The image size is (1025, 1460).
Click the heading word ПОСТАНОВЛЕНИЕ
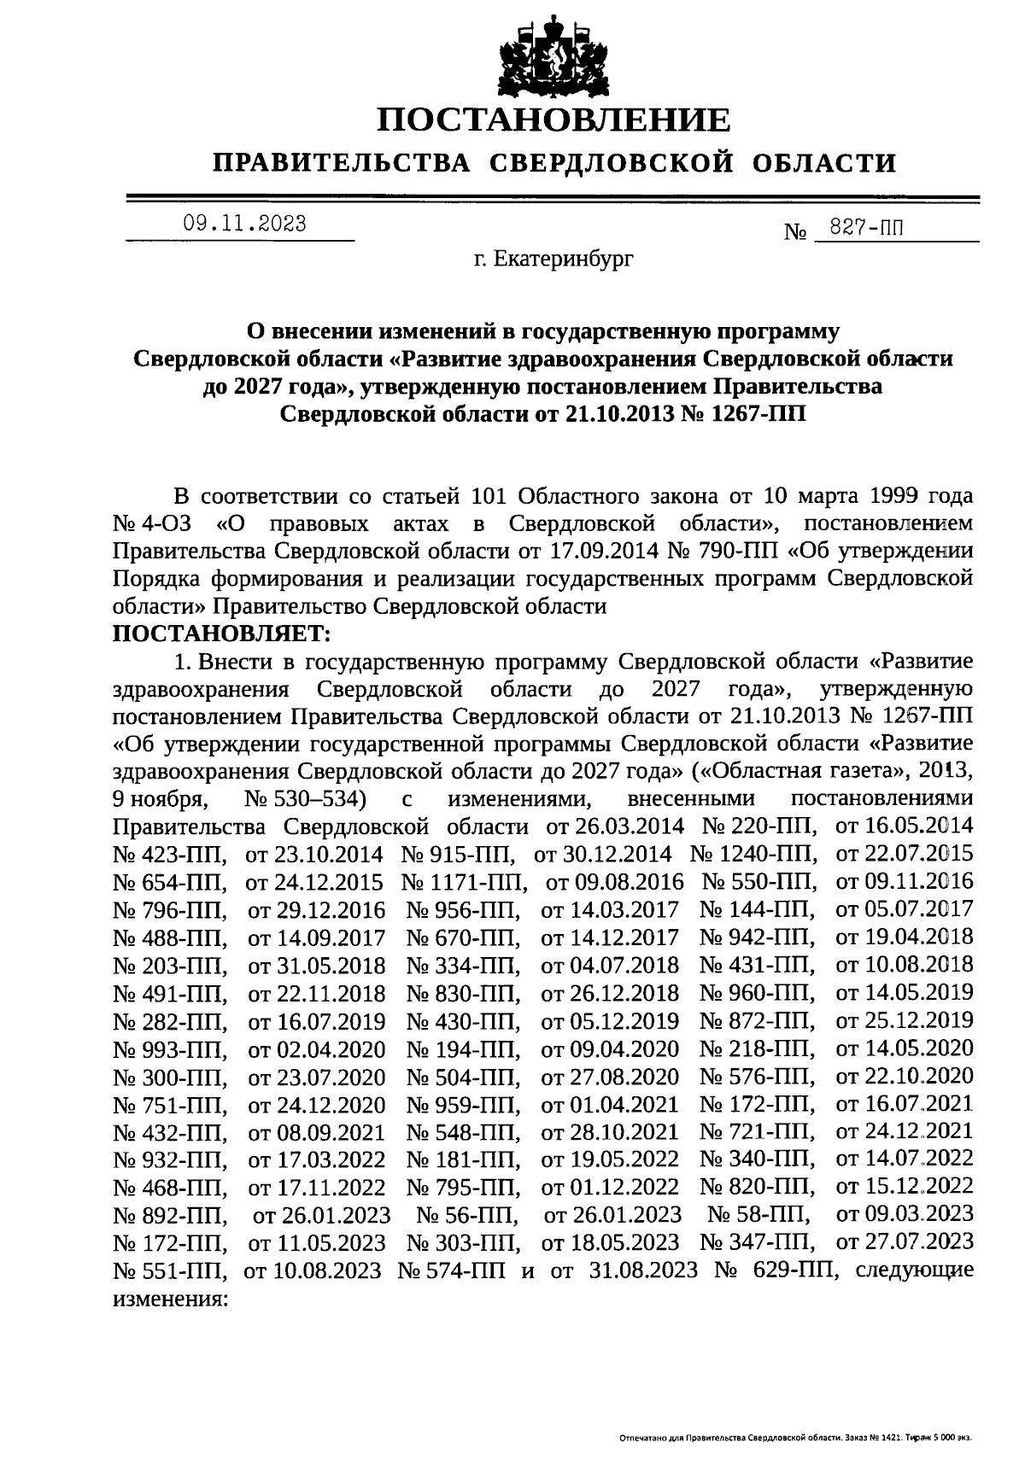click(x=554, y=120)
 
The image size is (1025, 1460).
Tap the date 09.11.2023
click(x=244, y=224)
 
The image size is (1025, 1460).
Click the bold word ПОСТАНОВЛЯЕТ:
click(x=221, y=634)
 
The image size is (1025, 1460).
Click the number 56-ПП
click(x=466, y=1214)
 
